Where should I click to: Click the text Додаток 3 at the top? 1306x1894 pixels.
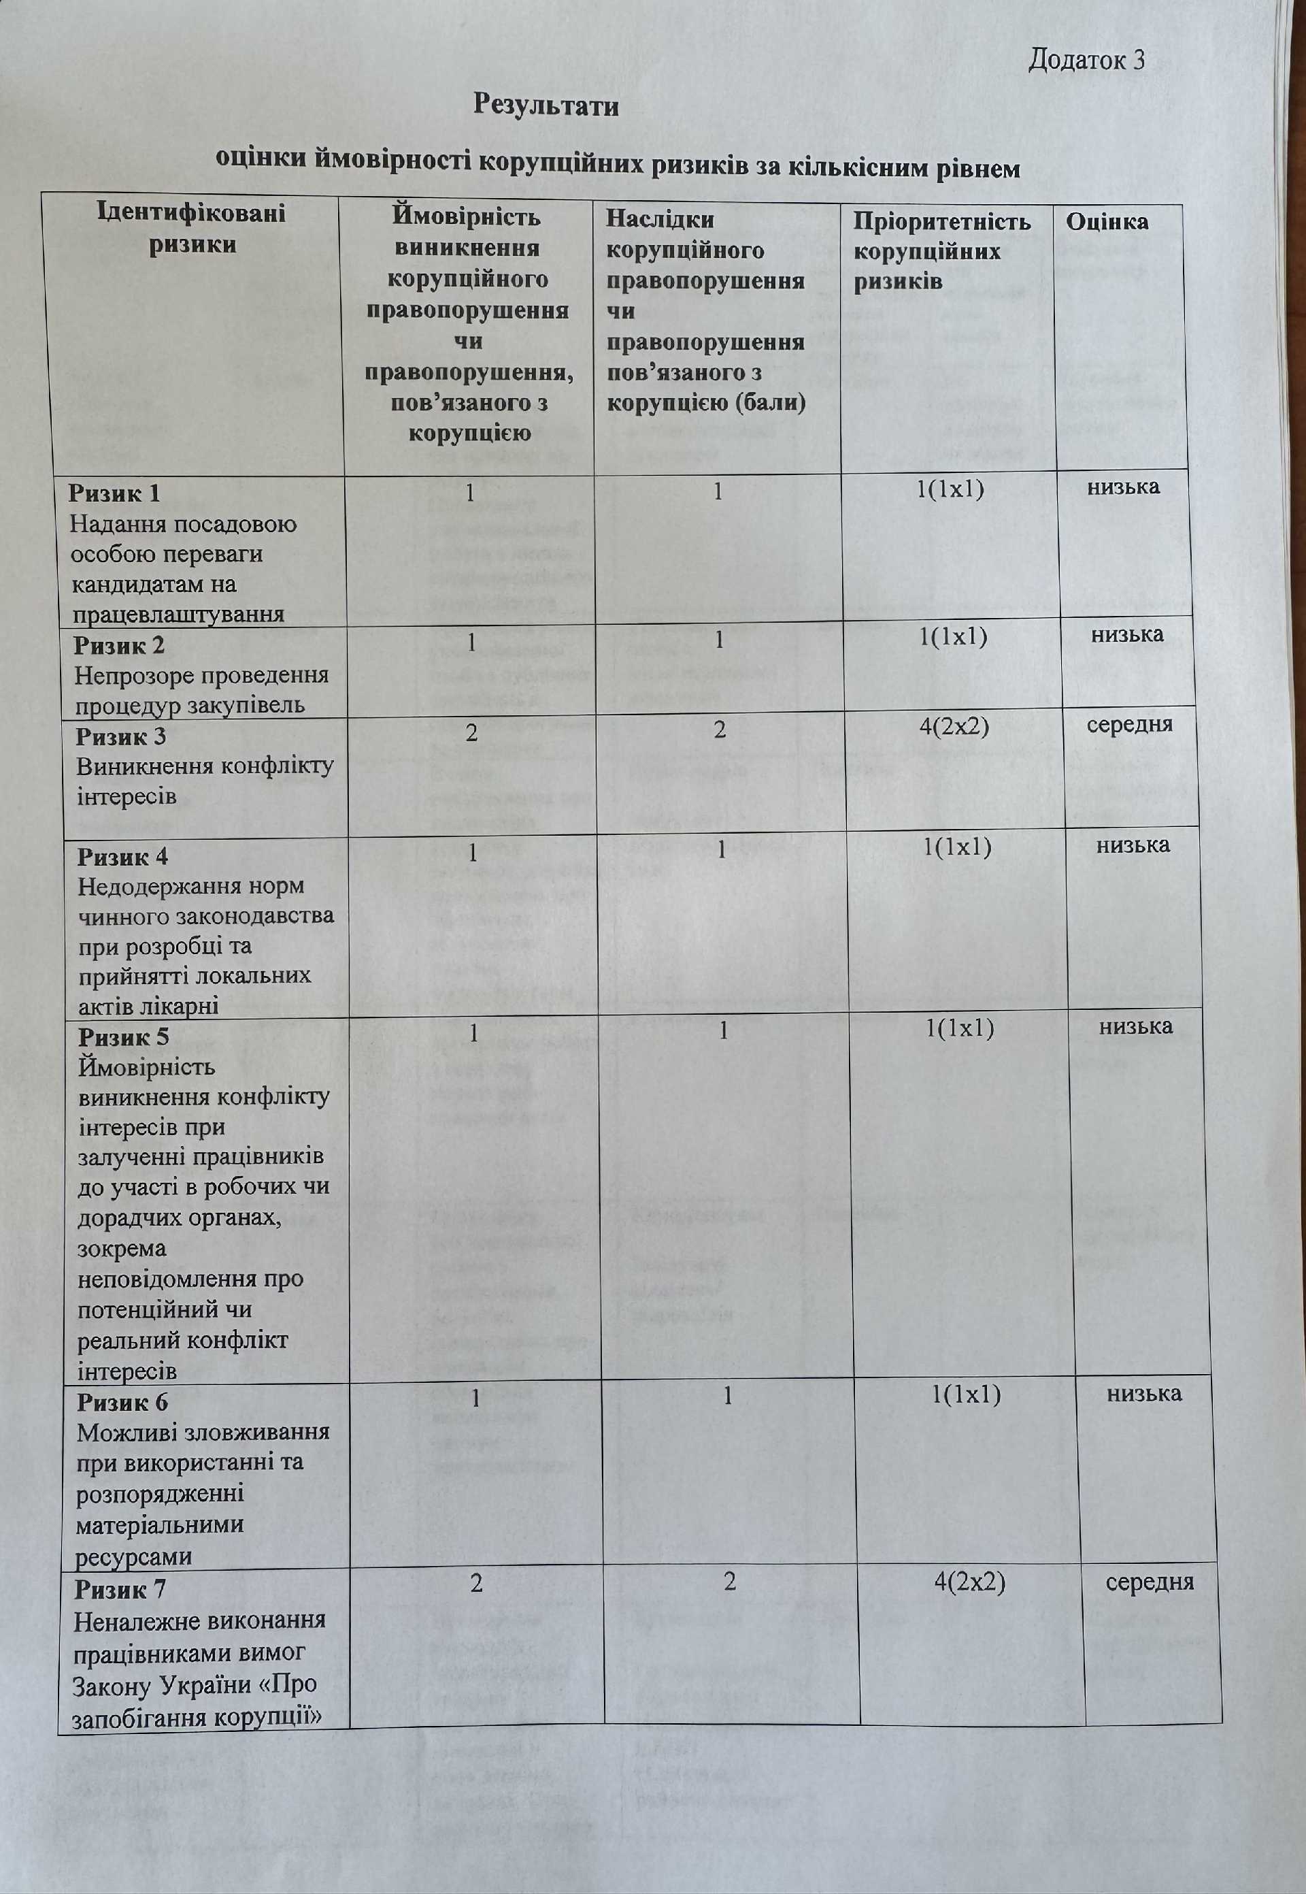[1085, 60]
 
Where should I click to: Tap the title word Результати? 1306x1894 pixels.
[546, 105]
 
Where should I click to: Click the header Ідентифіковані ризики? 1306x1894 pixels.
[192, 229]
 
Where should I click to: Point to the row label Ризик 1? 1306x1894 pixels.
[114, 493]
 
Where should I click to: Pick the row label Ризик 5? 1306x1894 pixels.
[124, 1037]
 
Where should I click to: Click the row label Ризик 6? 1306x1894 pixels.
[122, 1402]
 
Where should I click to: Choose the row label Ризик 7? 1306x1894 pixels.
[120, 1590]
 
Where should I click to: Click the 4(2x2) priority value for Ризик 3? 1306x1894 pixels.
[954, 726]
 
